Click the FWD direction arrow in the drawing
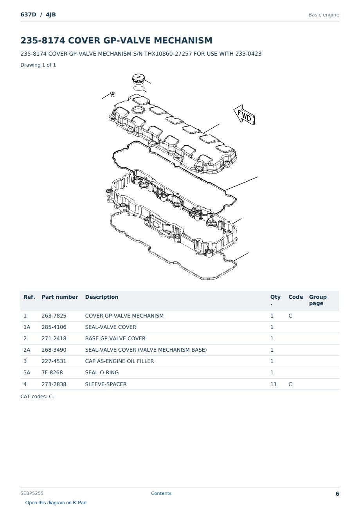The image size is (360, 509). click(x=245, y=115)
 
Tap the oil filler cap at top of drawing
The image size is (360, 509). click(x=138, y=78)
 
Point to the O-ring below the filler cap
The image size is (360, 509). click(x=139, y=88)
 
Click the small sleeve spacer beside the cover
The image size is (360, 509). click(x=112, y=94)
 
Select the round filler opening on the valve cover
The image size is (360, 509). click(x=138, y=110)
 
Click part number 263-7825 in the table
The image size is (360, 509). click(x=54, y=316)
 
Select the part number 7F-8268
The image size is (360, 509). click(x=52, y=372)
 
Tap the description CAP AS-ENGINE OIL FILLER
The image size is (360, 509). click(x=119, y=361)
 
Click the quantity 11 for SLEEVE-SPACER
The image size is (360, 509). click(x=274, y=384)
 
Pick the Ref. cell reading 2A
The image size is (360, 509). click(x=27, y=350)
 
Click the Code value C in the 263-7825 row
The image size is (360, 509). click(x=290, y=316)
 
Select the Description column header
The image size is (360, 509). click(x=102, y=297)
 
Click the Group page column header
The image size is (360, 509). click(x=318, y=300)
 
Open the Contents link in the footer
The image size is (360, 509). click(x=161, y=493)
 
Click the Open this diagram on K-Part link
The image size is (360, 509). click(x=56, y=503)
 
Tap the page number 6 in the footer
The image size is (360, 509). click(x=337, y=494)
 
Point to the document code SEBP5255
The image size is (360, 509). click(x=32, y=493)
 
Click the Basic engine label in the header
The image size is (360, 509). click(x=324, y=15)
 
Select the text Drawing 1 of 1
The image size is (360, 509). click(x=38, y=65)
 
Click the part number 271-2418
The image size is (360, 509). click(x=54, y=338)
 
